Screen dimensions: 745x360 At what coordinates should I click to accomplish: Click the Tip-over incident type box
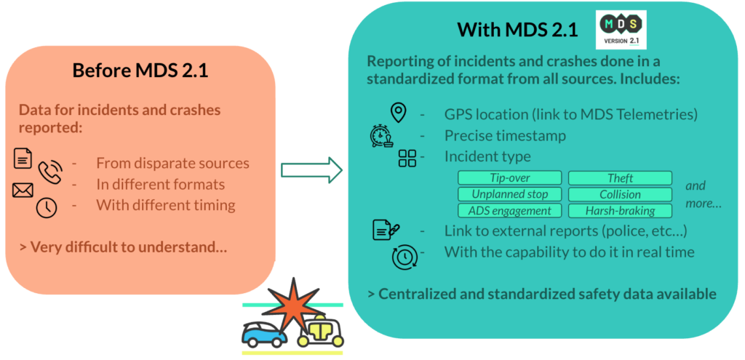pyautogui.click(x=510, y=178)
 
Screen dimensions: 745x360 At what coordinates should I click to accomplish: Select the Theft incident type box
pyautogui.click(x=620, y=178)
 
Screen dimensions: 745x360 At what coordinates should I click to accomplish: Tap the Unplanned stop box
pyautogui.click(x=510, y=194)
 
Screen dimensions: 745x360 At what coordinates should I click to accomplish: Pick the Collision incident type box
pyautogui.click(x=620, y=194)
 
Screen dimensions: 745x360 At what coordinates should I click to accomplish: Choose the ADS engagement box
pyautogui.click(x=510, y=211)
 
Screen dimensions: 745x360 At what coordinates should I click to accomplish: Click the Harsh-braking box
pyautogui.click(x=620, y=211)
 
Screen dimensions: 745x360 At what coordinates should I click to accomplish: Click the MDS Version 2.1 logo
pyautogui.click(x=621, y=29)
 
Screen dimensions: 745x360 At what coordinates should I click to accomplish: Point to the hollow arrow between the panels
pyautogui.click(x=311, y=169)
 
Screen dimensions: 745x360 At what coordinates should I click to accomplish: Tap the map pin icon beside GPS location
pyautogui.click(x=398, y=113)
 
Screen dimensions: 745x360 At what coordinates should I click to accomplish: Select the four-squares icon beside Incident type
pyautogui.click(x=407, y=159)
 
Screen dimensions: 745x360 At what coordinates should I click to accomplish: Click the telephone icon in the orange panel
pyautogui.click(x=50, y=172)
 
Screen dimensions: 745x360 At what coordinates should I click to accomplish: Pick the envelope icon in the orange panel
pyautogui.click(x=23, y=191)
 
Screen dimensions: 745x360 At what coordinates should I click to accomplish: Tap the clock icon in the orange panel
pyautogui.click(x=47, y=207)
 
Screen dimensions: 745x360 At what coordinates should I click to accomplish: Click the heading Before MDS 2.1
pyautogui.click(x=140, y=71)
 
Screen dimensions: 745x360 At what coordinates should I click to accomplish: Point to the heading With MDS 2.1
pyautogui.click(x=517, y=30)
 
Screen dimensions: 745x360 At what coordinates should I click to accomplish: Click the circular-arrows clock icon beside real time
pyautogui.click(x=405, y=257)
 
